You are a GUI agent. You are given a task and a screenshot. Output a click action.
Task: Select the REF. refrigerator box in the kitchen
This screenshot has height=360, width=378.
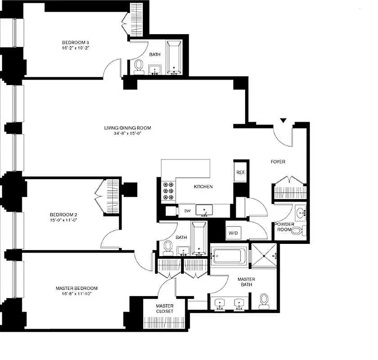coord(240,172)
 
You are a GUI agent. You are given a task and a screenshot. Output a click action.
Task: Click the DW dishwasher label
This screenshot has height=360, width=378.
coord(187,211)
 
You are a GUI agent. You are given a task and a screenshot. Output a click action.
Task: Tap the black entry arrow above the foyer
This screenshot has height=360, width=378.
coord(283,120)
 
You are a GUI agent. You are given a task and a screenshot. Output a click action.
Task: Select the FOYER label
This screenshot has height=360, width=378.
coord(278,162)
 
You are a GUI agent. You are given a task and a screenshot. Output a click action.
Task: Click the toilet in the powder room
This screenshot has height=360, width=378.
coord(297,231)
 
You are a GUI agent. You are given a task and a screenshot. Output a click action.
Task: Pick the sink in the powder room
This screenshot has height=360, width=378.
coord(301,211)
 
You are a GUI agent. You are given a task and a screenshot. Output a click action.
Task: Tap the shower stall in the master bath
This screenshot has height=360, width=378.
coord(264,255)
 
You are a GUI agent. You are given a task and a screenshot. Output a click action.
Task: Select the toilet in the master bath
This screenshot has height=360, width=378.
coord(264,300)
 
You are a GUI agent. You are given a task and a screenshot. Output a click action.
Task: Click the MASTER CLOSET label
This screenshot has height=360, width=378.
coord(164,309)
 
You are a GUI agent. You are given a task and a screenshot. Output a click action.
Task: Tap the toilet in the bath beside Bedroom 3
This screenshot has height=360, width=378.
coord(139,66)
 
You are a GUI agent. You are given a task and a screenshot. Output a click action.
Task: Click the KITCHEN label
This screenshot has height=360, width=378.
coord(203,187)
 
